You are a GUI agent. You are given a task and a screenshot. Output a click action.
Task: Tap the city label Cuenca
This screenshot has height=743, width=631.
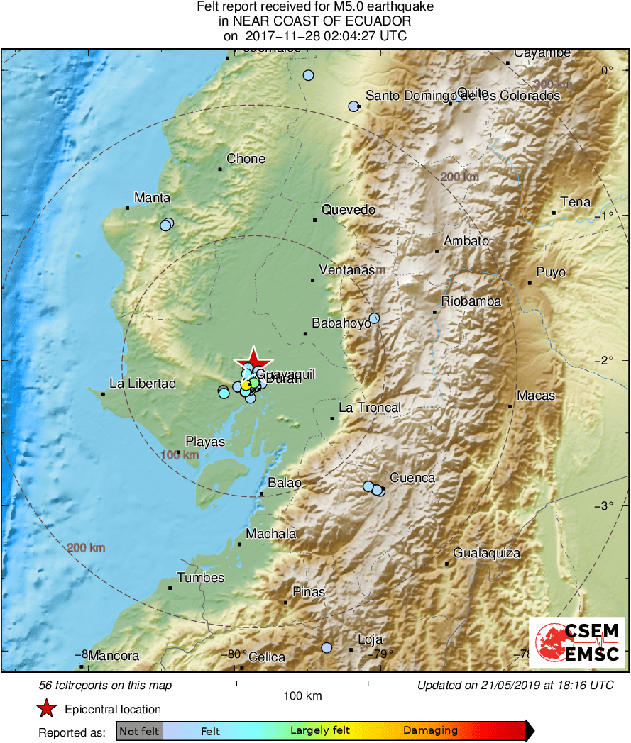412,478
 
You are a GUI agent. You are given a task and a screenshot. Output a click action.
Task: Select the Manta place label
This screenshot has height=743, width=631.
153,198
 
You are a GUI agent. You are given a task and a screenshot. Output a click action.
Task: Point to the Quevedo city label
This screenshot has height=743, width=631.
348,210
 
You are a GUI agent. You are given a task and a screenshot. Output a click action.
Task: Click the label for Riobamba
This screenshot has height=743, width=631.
471,301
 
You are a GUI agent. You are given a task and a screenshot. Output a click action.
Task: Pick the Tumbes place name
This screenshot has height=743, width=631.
201,577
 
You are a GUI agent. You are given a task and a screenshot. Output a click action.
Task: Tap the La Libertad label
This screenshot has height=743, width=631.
143,384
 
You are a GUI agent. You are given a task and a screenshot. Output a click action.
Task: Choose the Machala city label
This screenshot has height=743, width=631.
271,534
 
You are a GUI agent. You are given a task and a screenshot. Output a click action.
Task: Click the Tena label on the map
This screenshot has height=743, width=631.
575,202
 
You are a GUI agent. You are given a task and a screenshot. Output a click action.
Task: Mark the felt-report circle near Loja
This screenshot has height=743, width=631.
327,647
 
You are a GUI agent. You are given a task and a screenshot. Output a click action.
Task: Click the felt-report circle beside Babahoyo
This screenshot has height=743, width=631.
374,318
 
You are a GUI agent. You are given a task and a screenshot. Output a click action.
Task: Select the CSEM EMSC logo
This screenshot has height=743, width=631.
577,642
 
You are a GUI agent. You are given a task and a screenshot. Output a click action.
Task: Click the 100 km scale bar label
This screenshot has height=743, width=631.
302,695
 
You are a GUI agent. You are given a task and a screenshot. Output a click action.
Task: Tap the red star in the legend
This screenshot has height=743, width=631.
46,708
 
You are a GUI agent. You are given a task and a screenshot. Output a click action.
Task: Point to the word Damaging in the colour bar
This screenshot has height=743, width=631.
431,730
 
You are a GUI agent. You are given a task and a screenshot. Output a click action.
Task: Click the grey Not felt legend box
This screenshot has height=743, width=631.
139,731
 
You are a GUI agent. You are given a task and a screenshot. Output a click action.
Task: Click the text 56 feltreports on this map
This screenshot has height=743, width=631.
105,686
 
